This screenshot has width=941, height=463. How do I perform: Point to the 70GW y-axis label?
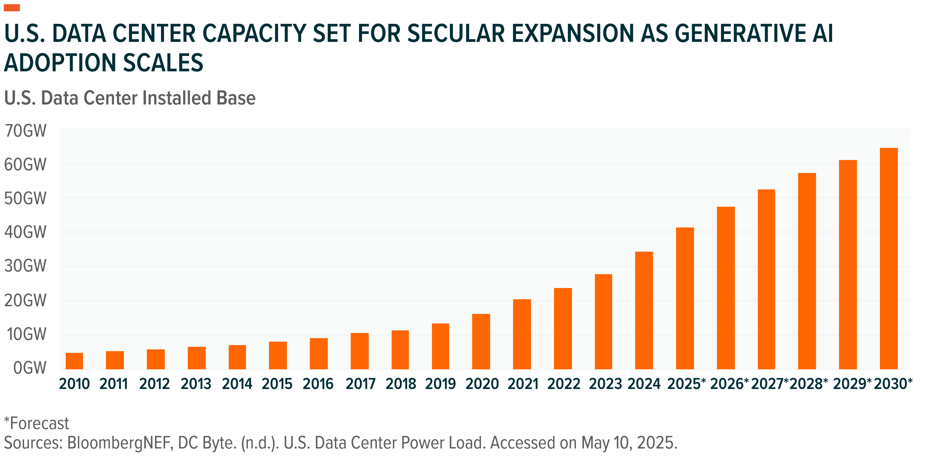26,131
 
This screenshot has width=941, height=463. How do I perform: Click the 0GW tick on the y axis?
30,368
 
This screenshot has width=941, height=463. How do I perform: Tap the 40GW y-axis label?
26,232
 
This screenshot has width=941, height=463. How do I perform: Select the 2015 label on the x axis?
277,384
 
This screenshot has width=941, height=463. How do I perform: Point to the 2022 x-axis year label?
564,384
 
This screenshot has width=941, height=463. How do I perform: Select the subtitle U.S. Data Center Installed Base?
130,98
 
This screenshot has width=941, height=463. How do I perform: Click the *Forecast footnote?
37,424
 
